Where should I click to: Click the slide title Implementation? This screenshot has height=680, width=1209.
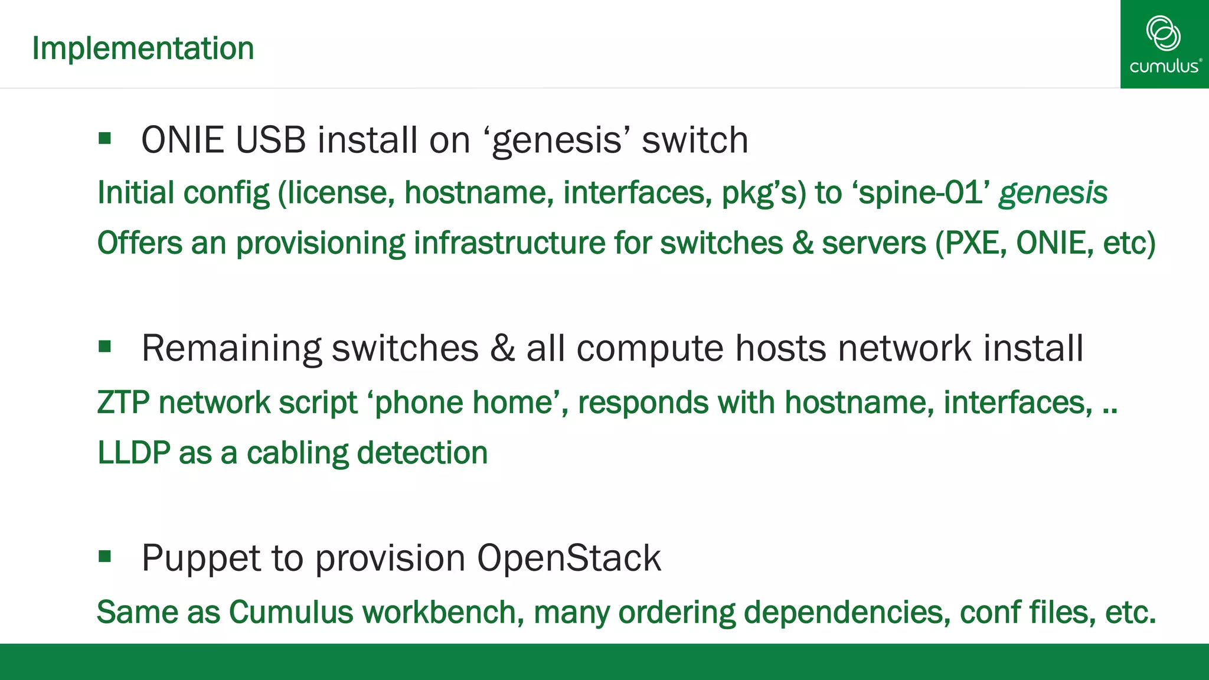click(143, 48)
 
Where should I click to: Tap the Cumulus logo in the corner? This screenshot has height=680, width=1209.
click(1164, 44)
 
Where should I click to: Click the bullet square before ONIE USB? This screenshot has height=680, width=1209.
click(105, 139)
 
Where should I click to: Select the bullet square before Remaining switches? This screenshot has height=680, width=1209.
click(105, 346)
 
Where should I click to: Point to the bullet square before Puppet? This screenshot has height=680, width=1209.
click(105, 556)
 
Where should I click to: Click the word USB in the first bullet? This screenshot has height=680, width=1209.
click(270, 140)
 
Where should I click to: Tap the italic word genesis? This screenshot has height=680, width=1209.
click(1053, 193)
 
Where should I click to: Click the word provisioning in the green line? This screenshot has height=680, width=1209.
click(321, 243)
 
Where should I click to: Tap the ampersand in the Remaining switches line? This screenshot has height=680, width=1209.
click(502, 348)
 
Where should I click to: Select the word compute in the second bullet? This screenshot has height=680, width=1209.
click(650, 348)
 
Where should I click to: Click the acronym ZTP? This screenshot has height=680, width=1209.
click(123, 403)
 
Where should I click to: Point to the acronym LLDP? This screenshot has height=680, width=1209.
click(133, 453)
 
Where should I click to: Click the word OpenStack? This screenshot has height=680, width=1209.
click(568, 558)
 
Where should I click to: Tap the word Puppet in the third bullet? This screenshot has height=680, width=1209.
click(201, 558)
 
